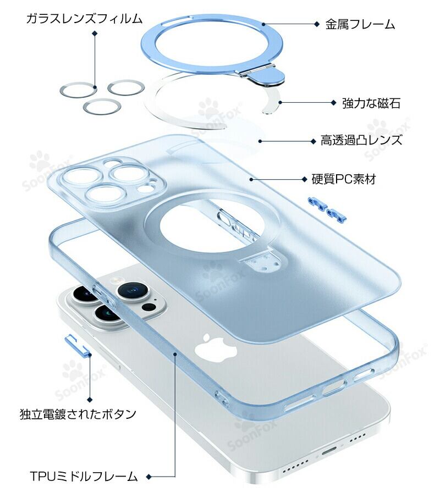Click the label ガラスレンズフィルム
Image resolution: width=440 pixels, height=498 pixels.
84,19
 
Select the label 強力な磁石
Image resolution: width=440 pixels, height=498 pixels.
371,103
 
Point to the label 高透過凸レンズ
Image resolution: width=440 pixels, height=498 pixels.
361,140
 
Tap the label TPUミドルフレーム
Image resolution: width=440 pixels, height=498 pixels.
83,476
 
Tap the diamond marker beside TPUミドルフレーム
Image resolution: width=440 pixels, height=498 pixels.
148,476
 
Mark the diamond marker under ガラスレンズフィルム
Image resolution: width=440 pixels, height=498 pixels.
95,34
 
